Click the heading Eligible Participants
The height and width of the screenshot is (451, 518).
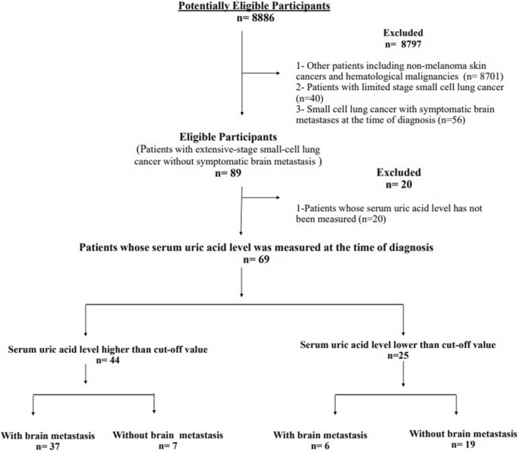point(241,140)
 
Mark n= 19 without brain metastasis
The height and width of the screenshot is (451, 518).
point(457,444)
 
